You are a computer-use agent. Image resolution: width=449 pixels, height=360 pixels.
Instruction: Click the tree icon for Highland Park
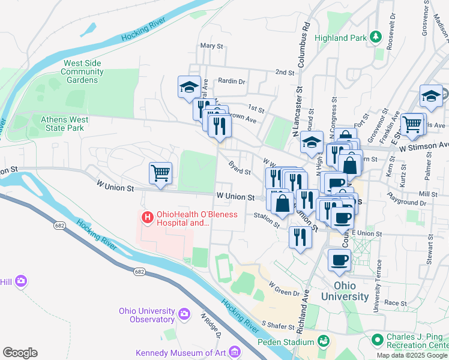376,37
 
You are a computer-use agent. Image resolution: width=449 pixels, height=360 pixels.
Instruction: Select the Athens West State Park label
64,124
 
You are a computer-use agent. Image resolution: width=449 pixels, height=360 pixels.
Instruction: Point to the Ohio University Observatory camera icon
185,313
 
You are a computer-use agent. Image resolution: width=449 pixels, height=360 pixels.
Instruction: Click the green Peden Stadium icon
324,341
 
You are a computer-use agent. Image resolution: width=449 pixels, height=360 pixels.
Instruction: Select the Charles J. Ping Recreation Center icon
378,340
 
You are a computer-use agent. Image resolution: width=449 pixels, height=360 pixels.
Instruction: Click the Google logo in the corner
20,353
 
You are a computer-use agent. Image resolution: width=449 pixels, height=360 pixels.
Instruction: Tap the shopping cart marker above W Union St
160,173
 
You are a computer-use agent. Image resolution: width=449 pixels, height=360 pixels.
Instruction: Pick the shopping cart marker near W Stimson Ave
412,124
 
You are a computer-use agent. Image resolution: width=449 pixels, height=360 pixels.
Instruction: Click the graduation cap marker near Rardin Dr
189,87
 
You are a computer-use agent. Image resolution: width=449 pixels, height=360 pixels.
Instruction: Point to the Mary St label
211,46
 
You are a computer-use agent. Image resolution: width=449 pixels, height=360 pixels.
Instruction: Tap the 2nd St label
285,72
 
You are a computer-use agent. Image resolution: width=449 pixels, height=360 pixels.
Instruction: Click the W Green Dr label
284,289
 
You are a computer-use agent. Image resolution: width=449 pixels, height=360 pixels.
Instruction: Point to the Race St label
395,303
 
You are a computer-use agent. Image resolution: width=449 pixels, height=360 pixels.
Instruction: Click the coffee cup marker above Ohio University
339,260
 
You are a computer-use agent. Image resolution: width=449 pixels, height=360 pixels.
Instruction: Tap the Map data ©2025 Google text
412,355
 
